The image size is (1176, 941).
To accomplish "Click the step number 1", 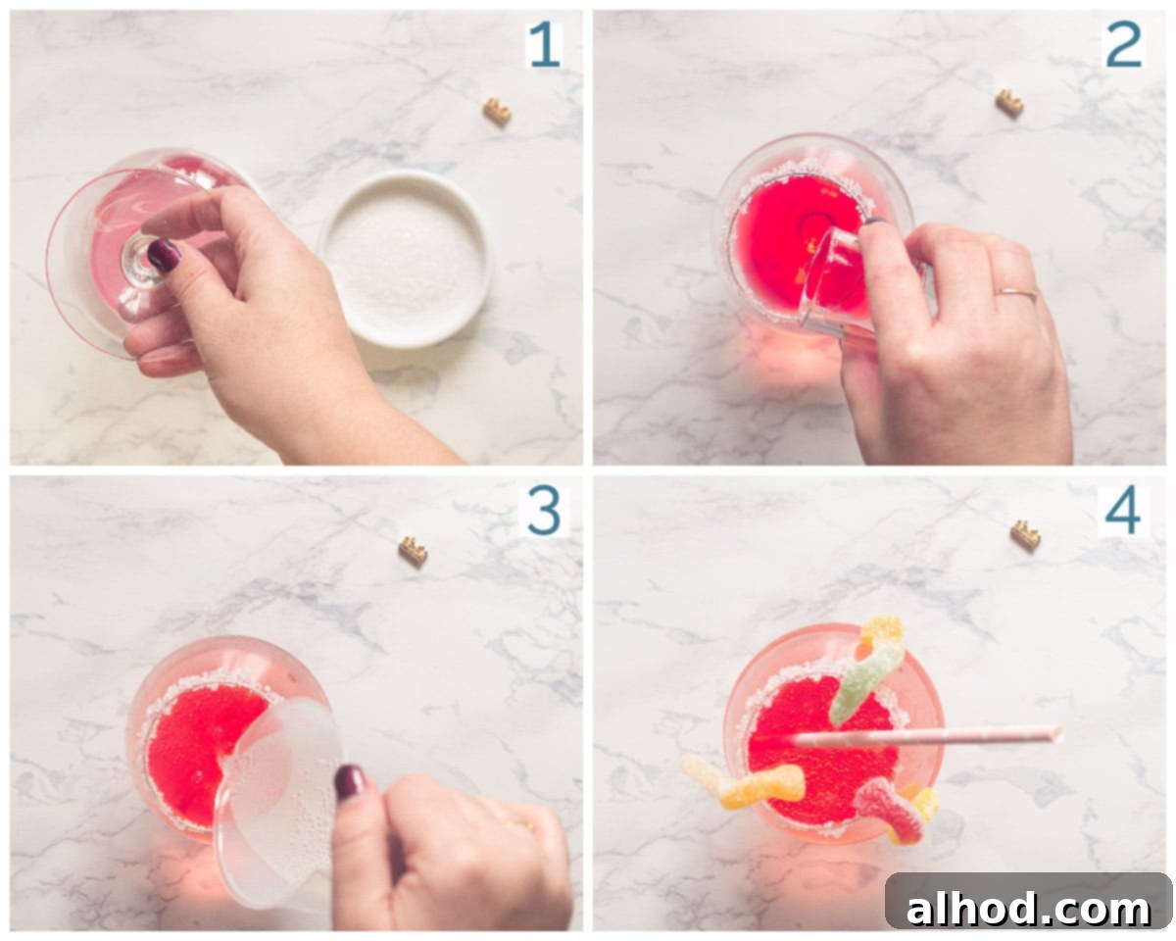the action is pos(545,45).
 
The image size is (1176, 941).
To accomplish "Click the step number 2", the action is pos(1123,45).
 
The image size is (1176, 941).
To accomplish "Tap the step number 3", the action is pos(544,512).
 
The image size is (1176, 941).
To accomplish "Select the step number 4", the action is pos(1123,512).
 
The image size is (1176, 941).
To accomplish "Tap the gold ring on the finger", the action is pos(1015,294).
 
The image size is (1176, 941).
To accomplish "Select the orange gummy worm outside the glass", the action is pos(743,783).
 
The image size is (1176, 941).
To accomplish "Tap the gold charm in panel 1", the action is pos(497,112).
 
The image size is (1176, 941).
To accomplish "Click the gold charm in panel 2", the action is pos(1008,103).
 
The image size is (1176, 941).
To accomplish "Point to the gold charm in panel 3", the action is pos(414,551).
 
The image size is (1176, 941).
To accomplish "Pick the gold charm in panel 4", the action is pos(1025,535).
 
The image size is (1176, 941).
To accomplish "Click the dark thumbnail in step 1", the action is pos(164,255).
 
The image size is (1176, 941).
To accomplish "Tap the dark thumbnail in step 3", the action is pos(350,782).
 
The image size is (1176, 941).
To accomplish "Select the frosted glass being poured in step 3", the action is pos(280,804).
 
